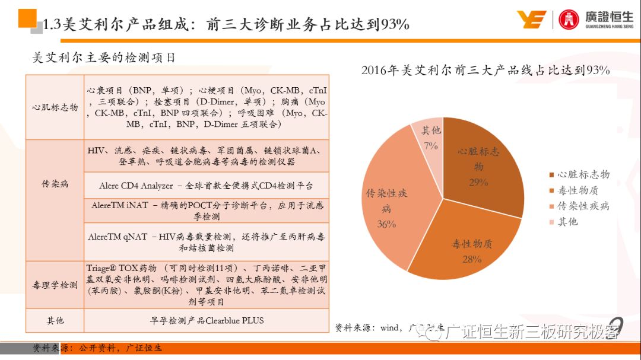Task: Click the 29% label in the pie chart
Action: pyautogui.click(x=478, y=183)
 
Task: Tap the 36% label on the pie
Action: pyautogui.click(x=386, y=224)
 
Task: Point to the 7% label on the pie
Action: pyautogui.click(x=431, y=145)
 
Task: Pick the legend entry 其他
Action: pyautogui.click(x=567, y=221)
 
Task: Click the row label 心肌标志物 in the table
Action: pyautogui.click(x=55, y=107)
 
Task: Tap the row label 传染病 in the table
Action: pyautogui.click(x=55, y=184)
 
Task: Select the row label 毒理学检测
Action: pyautogui.click(x=55, y=285)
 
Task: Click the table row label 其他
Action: pyautogui.click(x=55, y=321)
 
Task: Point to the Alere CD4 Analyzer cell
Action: pyautogui.click(x=206, y=186)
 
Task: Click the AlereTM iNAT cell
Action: pyautogui.click(x=206, y=211)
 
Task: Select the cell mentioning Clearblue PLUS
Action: pyautogui.click(x=206, y=321)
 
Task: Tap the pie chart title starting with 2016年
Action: pyautogui.click(x=485, y=71)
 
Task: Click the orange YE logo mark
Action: pyautogui.click(x=531, y=20)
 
